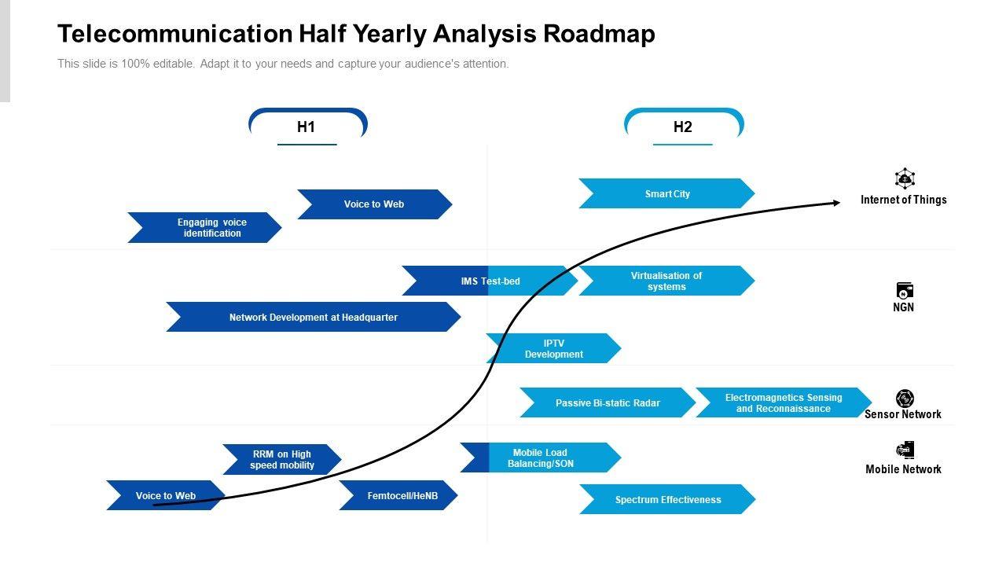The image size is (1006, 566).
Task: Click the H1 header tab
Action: [307, 127]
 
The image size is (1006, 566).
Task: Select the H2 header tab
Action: [682, 127]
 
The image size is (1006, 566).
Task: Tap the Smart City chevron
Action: [666, 193]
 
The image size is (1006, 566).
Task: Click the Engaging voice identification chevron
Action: [206, 227]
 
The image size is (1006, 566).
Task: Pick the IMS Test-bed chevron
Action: [489, 281]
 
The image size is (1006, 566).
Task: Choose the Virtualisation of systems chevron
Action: [666, 281]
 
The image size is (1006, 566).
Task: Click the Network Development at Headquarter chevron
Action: [313, 317]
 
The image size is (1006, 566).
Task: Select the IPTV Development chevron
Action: [553, 348]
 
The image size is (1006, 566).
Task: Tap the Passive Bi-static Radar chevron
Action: [607, 402]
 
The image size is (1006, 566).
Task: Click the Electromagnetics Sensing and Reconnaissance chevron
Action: [783, 402]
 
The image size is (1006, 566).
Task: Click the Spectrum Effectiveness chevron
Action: [667, 499]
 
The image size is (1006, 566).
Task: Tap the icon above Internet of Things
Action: [905, 178]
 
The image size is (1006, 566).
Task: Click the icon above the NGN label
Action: [905, 290]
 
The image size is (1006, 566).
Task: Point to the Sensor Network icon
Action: [905, 399]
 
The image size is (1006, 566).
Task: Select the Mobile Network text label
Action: [903, 469]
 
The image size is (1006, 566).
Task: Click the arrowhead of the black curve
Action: [835, 203]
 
